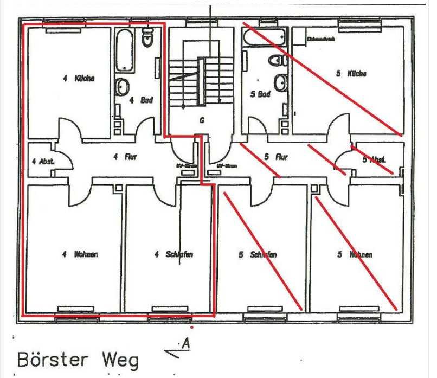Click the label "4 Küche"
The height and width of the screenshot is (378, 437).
pos(79,78)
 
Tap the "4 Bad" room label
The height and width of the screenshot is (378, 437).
pos(140,100)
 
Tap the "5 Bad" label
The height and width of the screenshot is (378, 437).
pos(260,94)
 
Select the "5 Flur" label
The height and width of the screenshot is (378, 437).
pos(275,157)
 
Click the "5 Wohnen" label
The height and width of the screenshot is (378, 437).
pos(355,254)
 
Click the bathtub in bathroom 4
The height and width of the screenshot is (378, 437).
pos(125,50)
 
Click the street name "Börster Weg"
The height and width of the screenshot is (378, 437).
pos(78,360)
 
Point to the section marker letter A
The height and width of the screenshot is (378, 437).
pos(186,343)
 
